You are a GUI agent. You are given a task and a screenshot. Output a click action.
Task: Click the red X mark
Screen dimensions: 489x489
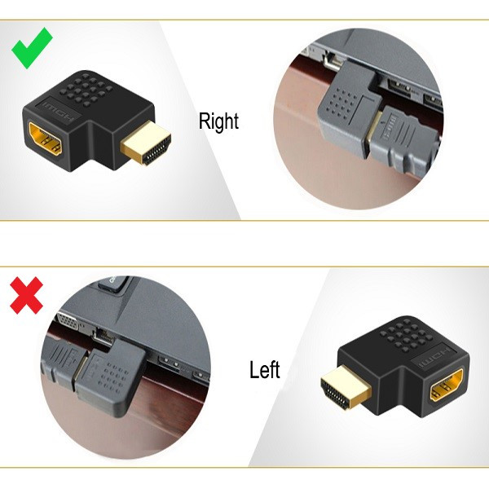(x=27, y=295)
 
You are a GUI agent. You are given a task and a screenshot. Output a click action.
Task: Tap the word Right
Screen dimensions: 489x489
(x=218, y=121)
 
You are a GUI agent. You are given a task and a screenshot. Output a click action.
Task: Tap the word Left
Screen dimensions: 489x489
(x=264, y=369)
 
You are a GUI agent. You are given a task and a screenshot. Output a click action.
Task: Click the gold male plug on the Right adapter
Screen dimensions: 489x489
(x=146, y=143)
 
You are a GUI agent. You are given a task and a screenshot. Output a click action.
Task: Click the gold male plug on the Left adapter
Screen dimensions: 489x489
(x=346, y=388)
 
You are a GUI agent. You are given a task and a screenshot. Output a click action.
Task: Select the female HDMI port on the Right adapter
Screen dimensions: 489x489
(x=46, y=139)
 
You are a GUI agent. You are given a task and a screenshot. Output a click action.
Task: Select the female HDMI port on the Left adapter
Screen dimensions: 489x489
(x=447, y=385)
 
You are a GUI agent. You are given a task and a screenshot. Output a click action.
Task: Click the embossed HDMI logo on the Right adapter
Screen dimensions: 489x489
(x=59, y=112)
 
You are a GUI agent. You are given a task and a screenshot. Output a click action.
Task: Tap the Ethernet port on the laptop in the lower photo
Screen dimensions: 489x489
(x=103, y=336)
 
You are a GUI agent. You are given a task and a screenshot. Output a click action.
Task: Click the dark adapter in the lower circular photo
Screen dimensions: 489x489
(x=111, y=377)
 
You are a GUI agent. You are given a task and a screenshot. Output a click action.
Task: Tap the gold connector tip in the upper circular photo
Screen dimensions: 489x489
(x=373, y=134)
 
